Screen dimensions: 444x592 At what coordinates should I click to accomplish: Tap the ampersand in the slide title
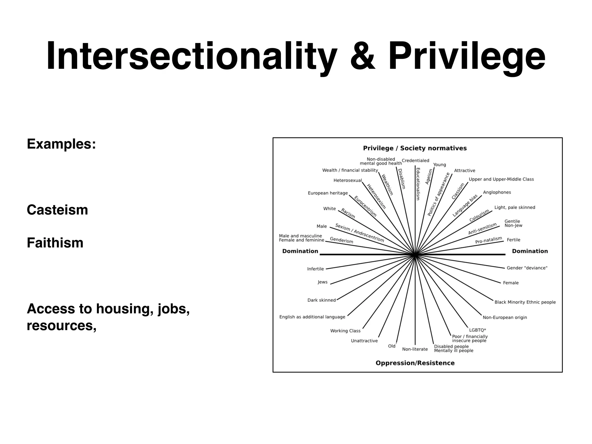coord(362,56)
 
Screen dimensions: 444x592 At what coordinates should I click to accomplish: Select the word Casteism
coord(57,210)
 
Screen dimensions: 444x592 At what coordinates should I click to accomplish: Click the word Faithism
coord(55,243)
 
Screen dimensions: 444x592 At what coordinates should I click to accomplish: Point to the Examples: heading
coord(61,144)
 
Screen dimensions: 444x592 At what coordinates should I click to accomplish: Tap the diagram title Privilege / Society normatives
coord(415,148)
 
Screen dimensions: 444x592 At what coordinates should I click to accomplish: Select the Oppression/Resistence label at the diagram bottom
coord(415,363)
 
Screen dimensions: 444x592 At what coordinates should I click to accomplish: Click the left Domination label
coord(300,251)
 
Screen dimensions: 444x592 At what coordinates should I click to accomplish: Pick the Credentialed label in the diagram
coord(415,161)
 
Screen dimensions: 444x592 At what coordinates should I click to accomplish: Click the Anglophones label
coord(497,193)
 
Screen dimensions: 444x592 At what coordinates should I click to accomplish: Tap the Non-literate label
coord(415,349)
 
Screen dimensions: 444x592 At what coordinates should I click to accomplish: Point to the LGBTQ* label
coord(478,330)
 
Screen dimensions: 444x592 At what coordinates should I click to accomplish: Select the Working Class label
coord(345,331)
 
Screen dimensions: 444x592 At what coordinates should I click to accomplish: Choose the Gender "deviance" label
coord(527,268)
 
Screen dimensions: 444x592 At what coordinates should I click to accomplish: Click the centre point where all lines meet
coord(415,255)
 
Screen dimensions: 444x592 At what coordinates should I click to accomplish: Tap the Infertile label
coord(315,269)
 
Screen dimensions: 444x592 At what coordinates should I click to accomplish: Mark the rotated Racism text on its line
coord(348,213)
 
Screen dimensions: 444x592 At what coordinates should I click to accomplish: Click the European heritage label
coord(328,193)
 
